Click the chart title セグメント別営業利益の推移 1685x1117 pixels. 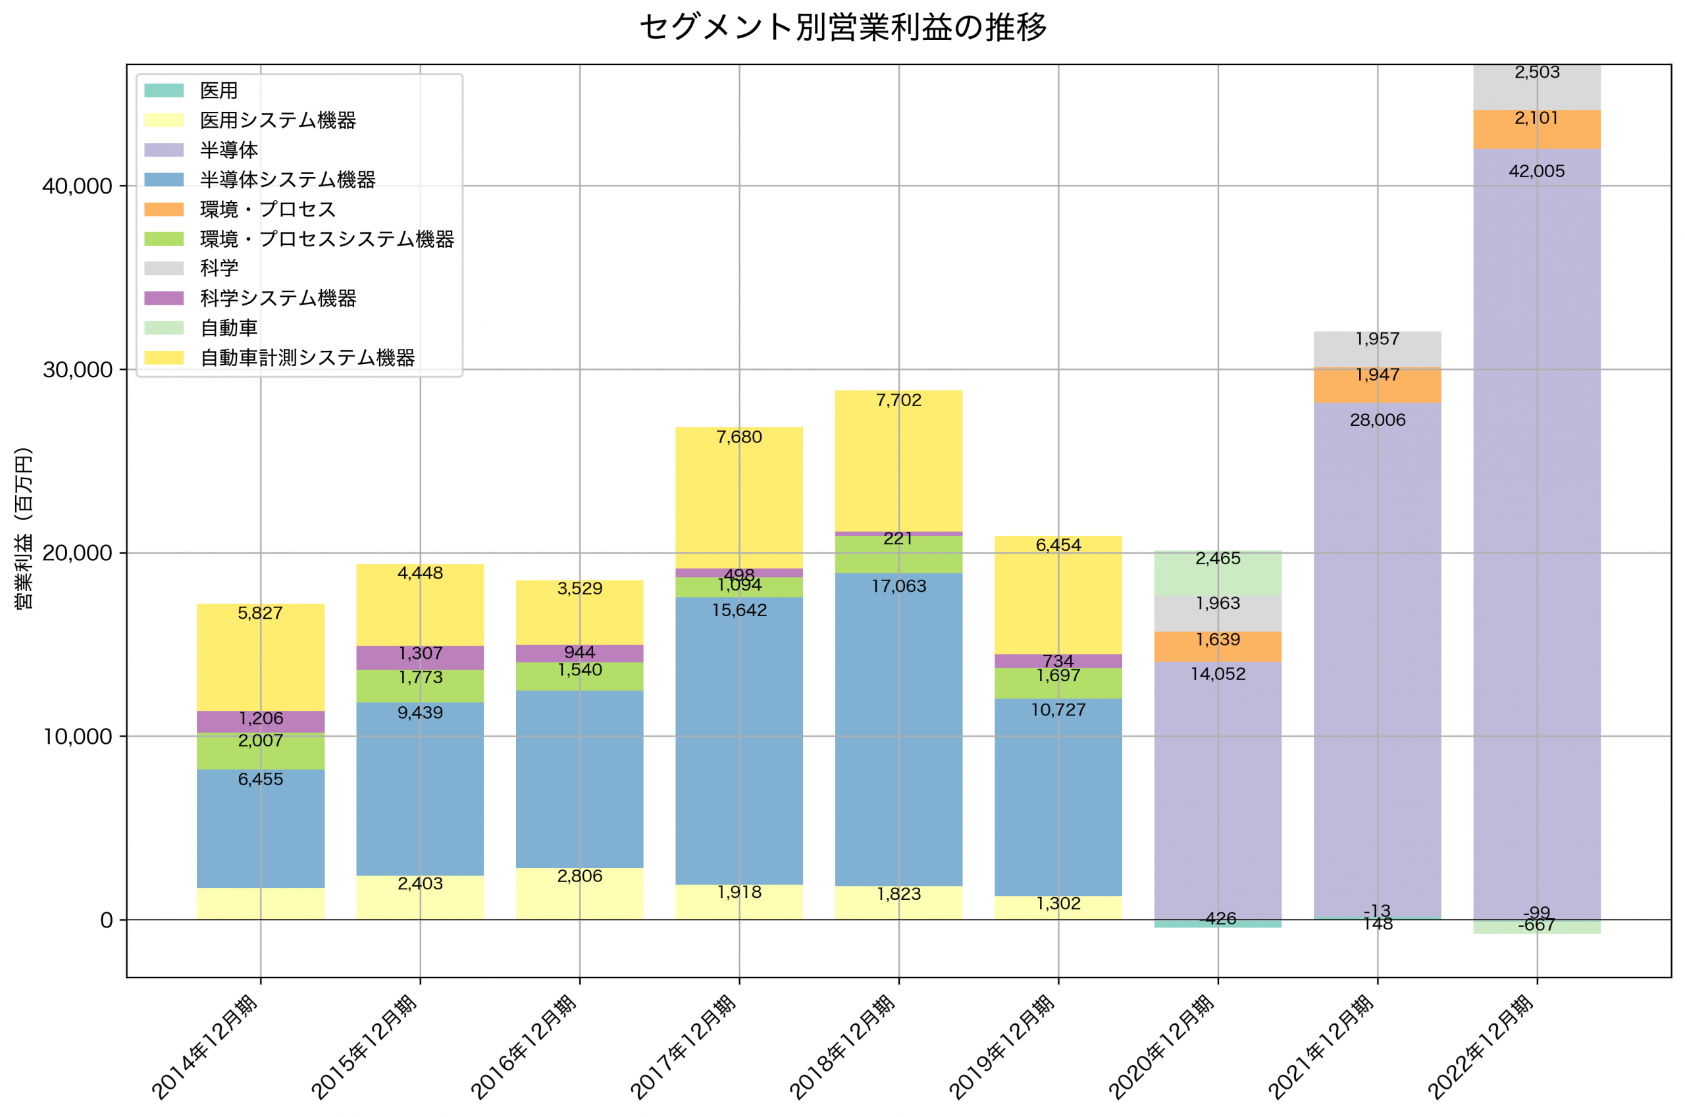[x=842, y=28]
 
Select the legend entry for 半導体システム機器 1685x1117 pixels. [x=287, y=180]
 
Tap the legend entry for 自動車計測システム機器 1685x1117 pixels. [x=307, y=357]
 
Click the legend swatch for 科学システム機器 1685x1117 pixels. [x=164, y=298]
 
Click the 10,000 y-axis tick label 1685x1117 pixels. [x=77, y=737]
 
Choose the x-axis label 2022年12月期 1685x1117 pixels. [x=1482, y=1047]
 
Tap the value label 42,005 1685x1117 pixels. [x=1536, y=172]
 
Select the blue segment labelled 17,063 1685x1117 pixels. [x=898, y=727]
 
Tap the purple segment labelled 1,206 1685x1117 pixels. [x=261, y=721]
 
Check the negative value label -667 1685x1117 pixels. [x=1536, y=925]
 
